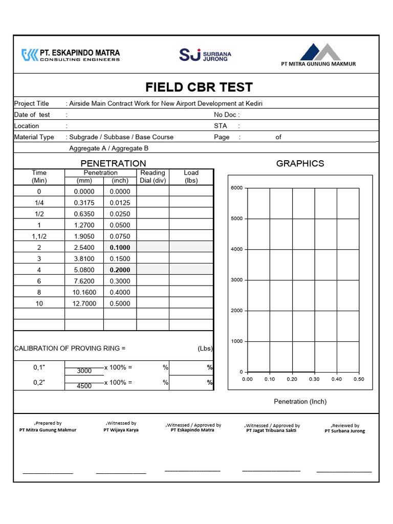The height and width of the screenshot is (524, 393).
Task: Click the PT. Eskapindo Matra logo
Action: click(x=71, y=55)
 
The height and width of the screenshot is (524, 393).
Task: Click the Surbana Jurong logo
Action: click(x=205, y=55)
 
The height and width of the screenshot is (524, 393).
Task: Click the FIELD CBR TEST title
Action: click(x=199, y=87)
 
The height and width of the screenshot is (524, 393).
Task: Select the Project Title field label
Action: click(x=32, y=103)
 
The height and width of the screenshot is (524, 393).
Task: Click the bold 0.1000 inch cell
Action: click(x=120, y=247)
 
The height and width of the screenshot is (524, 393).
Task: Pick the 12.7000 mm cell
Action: click(x=84, y=303)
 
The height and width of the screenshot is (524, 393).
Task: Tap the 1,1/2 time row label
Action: click(x=39, y=236)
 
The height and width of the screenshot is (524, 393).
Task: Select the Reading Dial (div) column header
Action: click(x=152, y=177)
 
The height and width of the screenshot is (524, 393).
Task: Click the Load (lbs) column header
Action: click(x=191, y=177)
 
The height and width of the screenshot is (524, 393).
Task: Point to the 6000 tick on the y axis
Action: click(x=236, y=188)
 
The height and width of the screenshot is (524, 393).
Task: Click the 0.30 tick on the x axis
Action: click(x=314, y=379)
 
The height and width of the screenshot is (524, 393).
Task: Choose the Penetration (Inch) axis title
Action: click(x=300, y=402)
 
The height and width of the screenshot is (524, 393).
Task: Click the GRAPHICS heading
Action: click(x=300, y=163)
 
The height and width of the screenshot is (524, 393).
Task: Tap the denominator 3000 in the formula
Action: click(x=84, y=371)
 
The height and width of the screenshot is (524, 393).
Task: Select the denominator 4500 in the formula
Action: click(x=84, y=386)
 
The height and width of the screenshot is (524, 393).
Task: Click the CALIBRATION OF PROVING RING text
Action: click(x=70, y=348)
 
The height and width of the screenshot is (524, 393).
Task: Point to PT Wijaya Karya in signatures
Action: click(x=121, y=430)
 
